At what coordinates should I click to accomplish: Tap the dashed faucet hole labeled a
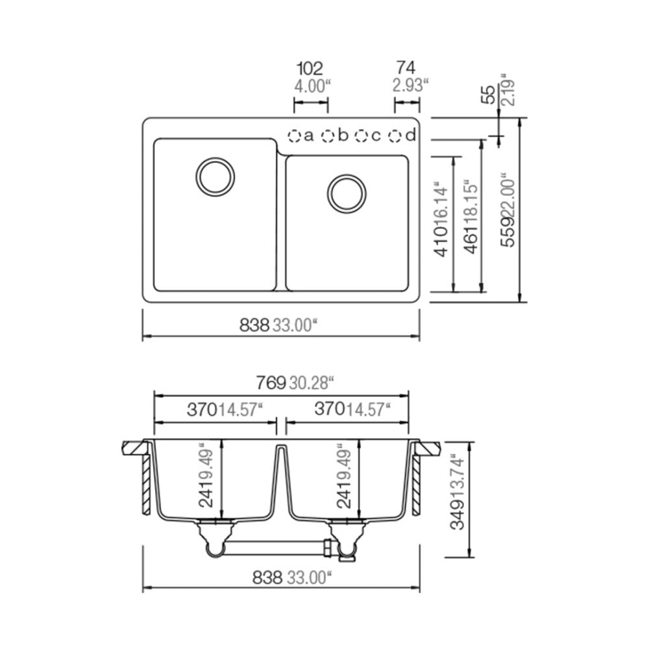pyautogui.click(x=294, y=136)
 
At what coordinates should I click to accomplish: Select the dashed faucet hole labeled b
pyautogui.click(x=328, y=136)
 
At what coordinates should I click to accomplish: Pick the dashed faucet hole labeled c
pyautogui.click(x=361, y=136)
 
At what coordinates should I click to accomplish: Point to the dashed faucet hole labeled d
pyautogui.click(x=395, y=136)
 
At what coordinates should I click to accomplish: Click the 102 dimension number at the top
pyautogui.click(x=310, y=68)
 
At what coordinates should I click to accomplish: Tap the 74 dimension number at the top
pyautogui.click(x=406, y=67)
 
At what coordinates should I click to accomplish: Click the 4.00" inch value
pyautogui.click(x=313, y=86)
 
